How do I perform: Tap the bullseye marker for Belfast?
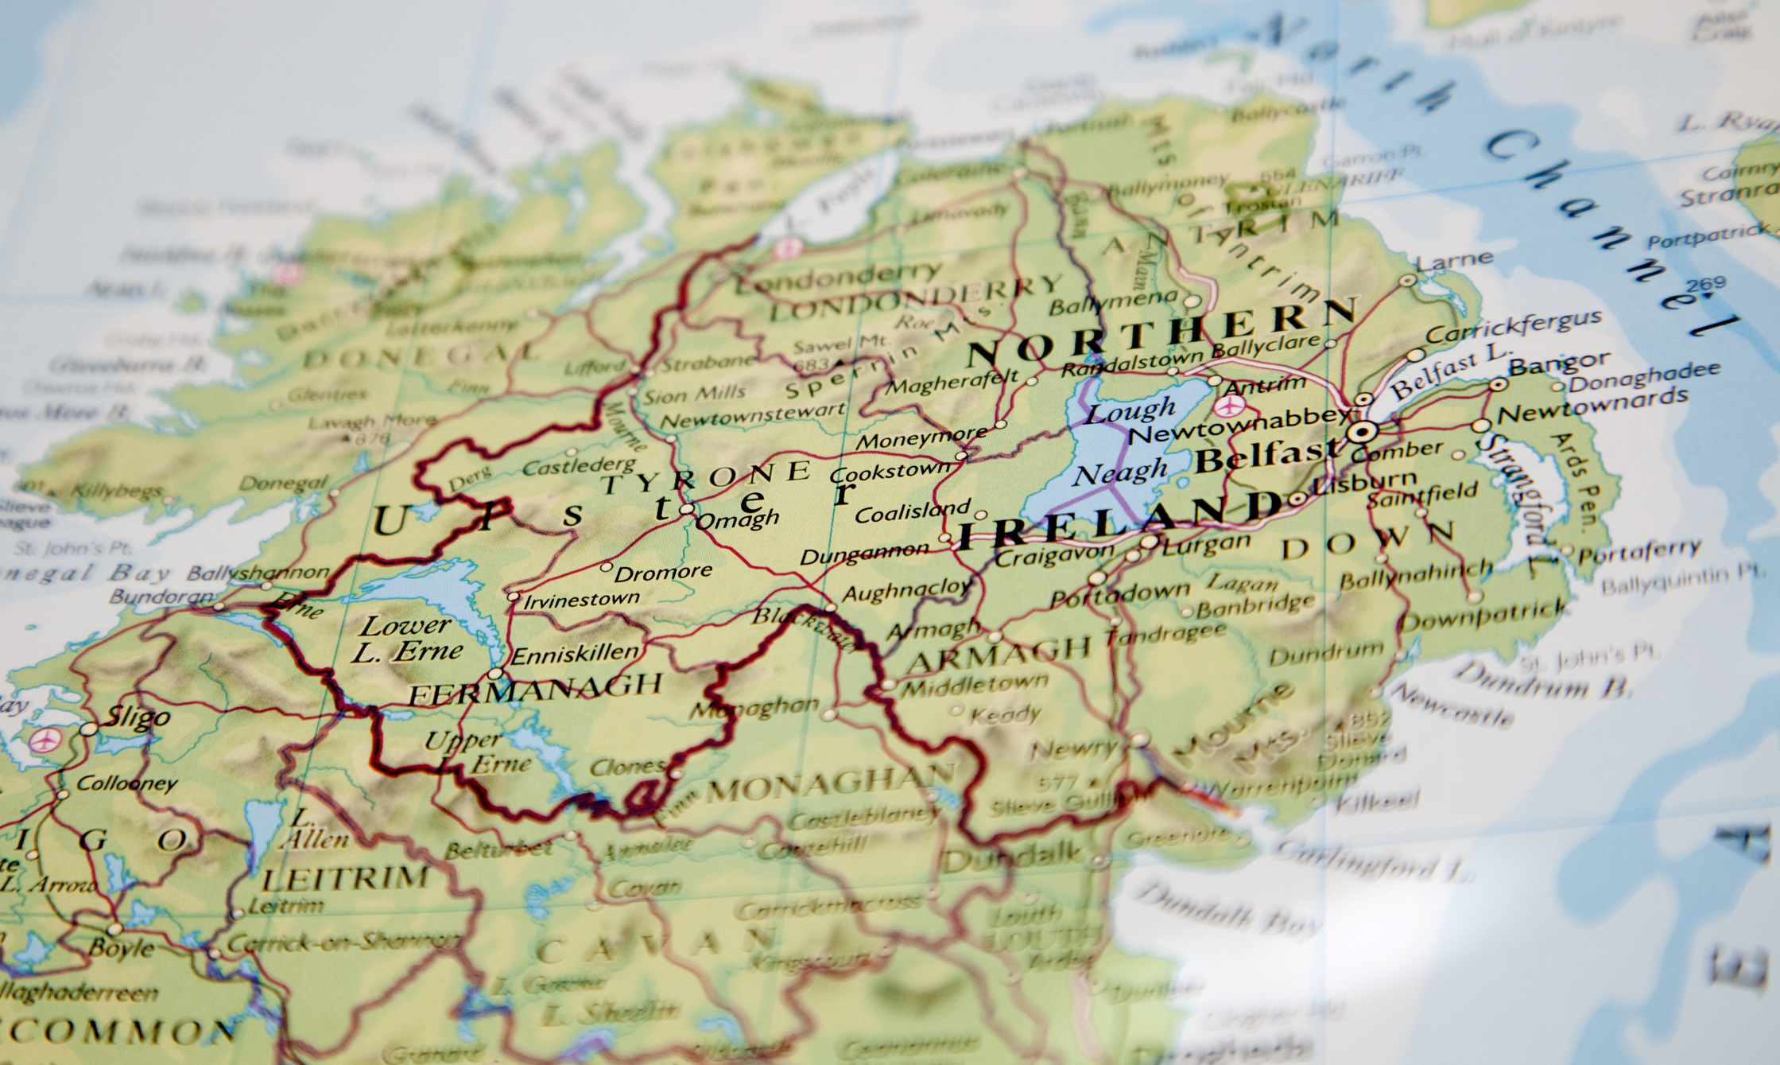(x=1363, y=432)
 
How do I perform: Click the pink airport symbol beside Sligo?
(x=44, y=740)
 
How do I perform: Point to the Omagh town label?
(x=737, y=520)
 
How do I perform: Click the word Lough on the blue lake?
(x=1130, y=412)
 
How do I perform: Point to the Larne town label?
(x=1454, y=260)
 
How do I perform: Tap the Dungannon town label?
(x=863, y=554)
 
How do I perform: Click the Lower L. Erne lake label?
(x=405, y=639)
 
